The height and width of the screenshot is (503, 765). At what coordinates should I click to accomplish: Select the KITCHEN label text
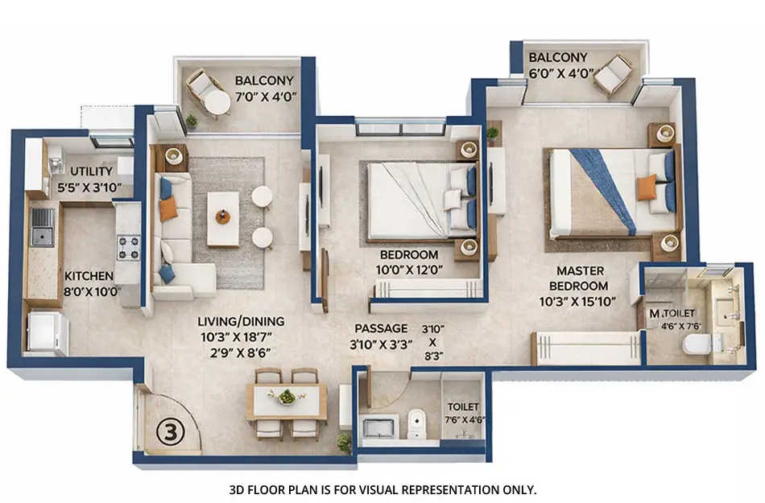[89, 275]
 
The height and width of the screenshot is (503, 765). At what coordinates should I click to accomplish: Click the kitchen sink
[42, 226]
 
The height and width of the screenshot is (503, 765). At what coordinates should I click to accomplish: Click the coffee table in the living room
[222, 217]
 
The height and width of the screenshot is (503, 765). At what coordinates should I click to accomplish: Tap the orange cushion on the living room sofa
[167, 209]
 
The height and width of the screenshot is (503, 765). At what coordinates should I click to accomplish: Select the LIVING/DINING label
[241, 321]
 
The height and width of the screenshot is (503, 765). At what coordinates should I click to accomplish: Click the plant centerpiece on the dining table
[286, 396]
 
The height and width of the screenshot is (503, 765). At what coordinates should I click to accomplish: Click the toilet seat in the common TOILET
[416, 423]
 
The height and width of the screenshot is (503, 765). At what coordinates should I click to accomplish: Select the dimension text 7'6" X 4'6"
[464, 420]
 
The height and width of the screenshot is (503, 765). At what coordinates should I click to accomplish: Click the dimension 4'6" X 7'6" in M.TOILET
[682, 325]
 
